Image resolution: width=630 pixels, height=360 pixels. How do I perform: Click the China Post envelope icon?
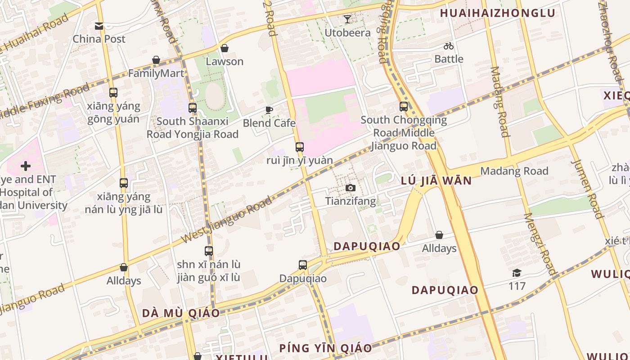pyautogui.click(x=99, y=26)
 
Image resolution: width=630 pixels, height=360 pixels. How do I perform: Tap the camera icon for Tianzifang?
pyautogui.click(x=351, y=188)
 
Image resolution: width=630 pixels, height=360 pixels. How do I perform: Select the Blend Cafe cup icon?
pyautogui.click(x=269, y=110)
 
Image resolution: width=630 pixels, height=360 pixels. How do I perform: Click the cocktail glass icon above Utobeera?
pyautogui.click(x=347, y=19)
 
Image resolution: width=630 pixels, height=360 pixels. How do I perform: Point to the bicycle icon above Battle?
pyautogui.click(x=449, y=46)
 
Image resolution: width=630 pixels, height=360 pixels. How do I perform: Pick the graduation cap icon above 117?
pyautogui.click(x=517, y=273)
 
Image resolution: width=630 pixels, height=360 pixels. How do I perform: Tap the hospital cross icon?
pyautogui.click(x=26, y=166)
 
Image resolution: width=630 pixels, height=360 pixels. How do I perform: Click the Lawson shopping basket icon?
pyautogui.click(x=225, y=48)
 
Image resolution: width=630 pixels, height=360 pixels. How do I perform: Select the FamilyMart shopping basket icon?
pyautogui.click(x=156, y=60)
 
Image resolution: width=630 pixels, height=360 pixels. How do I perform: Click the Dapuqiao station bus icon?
pyautogui.click(x=303, y=265)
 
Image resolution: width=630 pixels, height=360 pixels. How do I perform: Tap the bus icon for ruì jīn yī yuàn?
pyautogui.click(x=300, y=147)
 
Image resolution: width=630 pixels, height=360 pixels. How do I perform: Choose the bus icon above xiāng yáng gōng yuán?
pyautogui.click(x=113, y=93)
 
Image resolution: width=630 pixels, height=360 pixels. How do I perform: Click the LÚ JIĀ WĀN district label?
pyautogui.click(x=436, y=181)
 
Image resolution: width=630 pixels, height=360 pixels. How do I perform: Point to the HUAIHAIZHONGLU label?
pyautogui.click(x=498, y=13)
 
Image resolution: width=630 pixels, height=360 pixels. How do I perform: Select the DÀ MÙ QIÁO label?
pyautogui.click(x=181, y=313)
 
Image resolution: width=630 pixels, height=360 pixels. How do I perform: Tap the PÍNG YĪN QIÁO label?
pyautogui.click(x=325, y=348)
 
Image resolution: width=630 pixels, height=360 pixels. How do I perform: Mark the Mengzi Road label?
pyautogui.click(x=540, y=243)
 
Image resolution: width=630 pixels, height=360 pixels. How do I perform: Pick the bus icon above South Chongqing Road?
pyautogui.click(x=404, y=107)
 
